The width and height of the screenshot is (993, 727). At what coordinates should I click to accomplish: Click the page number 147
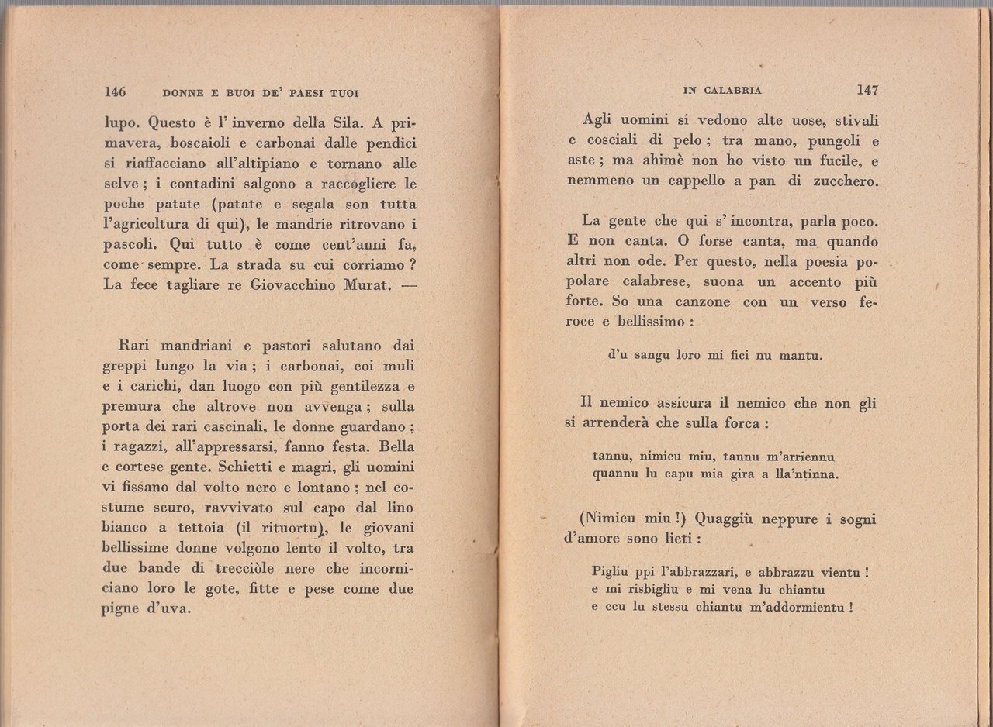tap(867, 90)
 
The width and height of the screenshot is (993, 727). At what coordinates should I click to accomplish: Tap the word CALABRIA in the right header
tap(733, 91)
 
